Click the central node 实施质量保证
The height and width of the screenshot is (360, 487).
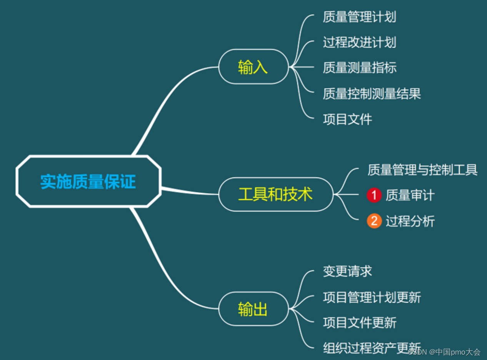click(88, 182)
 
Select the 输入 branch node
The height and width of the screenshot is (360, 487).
click(253, 67)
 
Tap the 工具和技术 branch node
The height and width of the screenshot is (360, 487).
click(275, 195)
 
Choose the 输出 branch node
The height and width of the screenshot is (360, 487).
click(253, 309)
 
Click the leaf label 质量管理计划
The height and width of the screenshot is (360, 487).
click(359, 17)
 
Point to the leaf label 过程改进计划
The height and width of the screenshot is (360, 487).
click(359, 42)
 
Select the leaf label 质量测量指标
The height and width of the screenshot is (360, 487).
click(359, 68)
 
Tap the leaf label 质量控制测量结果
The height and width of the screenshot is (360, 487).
click(372, 93)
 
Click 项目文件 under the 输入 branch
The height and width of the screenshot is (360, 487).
click(347, 119)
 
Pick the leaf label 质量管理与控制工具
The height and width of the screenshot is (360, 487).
click(422, 170)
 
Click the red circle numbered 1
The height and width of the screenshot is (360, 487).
click(374, 195)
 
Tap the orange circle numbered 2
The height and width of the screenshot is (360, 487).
click(374, 221)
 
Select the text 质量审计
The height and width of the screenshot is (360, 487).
click(410, 195)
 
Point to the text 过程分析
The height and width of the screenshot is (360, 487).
click(410, 221)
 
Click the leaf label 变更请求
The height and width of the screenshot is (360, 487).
click(347, 271)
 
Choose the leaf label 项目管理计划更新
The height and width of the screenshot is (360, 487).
click(372, 297)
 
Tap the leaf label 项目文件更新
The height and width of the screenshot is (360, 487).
click(359, 322)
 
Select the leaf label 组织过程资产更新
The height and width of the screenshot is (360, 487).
click(372, 348)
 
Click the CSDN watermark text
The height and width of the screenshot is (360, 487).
click(444, 352)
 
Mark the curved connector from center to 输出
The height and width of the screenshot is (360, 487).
click(165, 269)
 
